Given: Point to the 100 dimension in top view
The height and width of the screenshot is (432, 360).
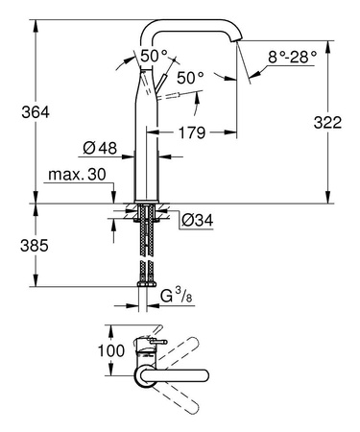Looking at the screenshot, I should pyautogui.click(x=111, y=350).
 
